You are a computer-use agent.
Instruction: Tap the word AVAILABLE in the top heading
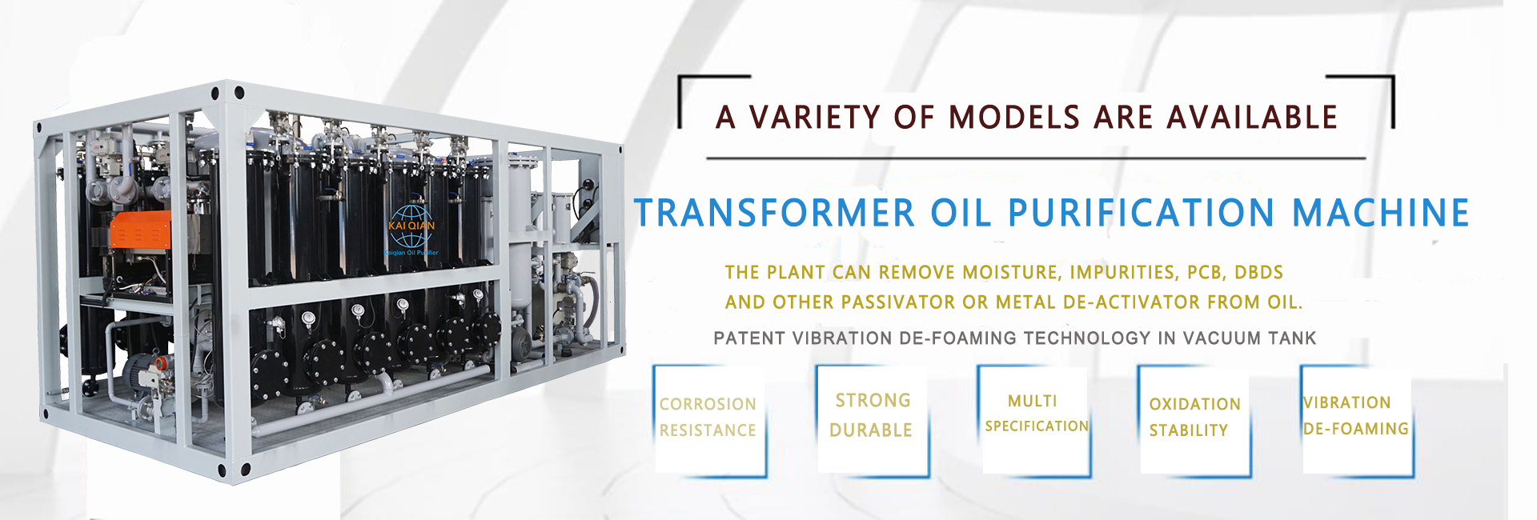click(x=1252, y=118)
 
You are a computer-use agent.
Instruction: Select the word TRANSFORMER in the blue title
click(x=774, y=213)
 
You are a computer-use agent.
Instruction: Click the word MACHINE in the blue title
click(x=1381, y=213)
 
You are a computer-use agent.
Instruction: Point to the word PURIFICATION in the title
click(x=1141, y=213)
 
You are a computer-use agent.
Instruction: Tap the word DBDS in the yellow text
click(x=1259, y=272)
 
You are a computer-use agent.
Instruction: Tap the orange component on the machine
click(x=140, y=230)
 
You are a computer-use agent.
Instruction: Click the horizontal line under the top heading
click(x=1036, y=158)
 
